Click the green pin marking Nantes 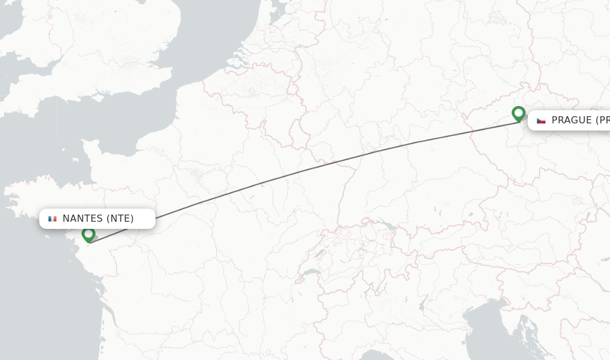click(88, 234)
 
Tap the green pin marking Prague click(518, 113)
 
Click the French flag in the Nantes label click(52, 219)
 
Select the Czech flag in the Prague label click(541, 120)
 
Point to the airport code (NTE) click(120, 219)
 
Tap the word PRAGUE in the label click(571, 120)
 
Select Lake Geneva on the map click(309, 272)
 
